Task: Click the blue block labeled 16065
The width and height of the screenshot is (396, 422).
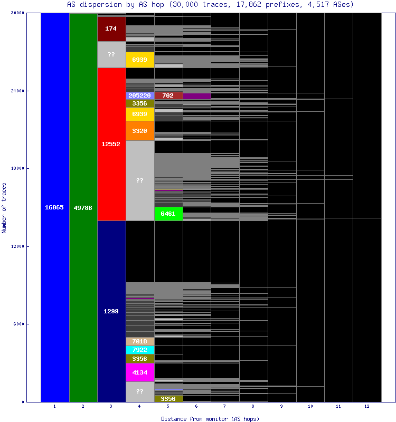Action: pyautogui.click(x=54, y=207)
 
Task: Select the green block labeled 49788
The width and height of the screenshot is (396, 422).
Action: pyautogui.click(x=83, y=207)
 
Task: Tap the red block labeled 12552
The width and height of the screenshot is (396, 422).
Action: pyautogui.click(x=111, y=144)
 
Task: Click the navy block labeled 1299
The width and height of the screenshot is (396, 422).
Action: pyautogui.click(x=111, y=311)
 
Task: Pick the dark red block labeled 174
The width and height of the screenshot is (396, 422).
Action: pyautogui.click(x=111, y=28)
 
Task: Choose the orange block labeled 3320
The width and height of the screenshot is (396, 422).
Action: pyautogui.click(x=140, y=130)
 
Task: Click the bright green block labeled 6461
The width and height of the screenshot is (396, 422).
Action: pyautogui.click(x=168, y=214)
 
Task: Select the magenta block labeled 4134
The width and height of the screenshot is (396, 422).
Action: pyautogui.click(x=140, y=372)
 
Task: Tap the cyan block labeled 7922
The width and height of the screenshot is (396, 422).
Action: pyautogui.click(x=140, y=350)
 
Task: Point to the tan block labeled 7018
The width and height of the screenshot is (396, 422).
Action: pyautogui.click(x=140, y=341)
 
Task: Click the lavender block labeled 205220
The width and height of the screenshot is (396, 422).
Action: pyautogui.click(x=140, y=95)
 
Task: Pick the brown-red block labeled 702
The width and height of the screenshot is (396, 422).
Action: pyautogui.click(x=168, y=95)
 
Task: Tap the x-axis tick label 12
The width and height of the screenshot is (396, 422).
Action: pyautogui.click(x=366, y=407)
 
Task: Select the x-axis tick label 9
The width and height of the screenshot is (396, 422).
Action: pyautogui.click(x=282, y=407)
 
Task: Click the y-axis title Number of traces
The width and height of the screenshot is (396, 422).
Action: pyautogui.click(x=4, y=208)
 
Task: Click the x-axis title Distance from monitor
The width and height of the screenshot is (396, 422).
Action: pyautogui.click(x=210, y=418)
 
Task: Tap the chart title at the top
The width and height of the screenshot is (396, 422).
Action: pyautogui.click(x=210, y=4)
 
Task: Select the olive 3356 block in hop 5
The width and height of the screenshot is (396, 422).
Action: pyautogui.click(x=168, y=398)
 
